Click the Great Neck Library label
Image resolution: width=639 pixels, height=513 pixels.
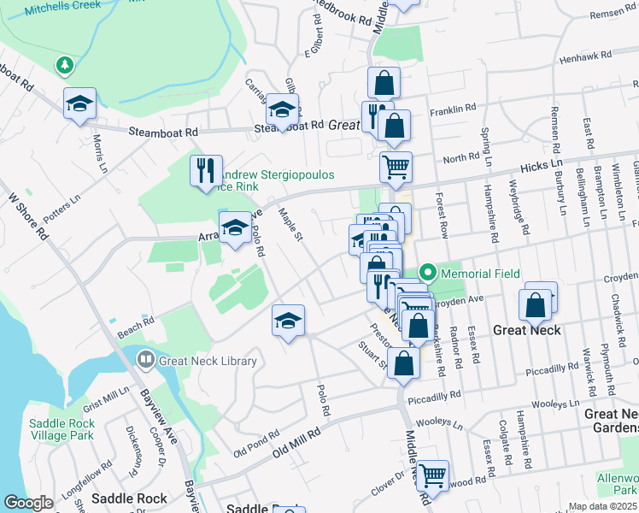pos(208,361)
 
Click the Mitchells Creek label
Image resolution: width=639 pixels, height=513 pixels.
pos(62,6)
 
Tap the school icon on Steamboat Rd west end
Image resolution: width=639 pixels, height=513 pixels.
pos(79,103)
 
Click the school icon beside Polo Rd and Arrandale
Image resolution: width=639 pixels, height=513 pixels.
pos(235,227)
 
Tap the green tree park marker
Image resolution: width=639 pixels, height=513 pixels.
pos(63,65)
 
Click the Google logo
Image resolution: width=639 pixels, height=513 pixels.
pos(28,503)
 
